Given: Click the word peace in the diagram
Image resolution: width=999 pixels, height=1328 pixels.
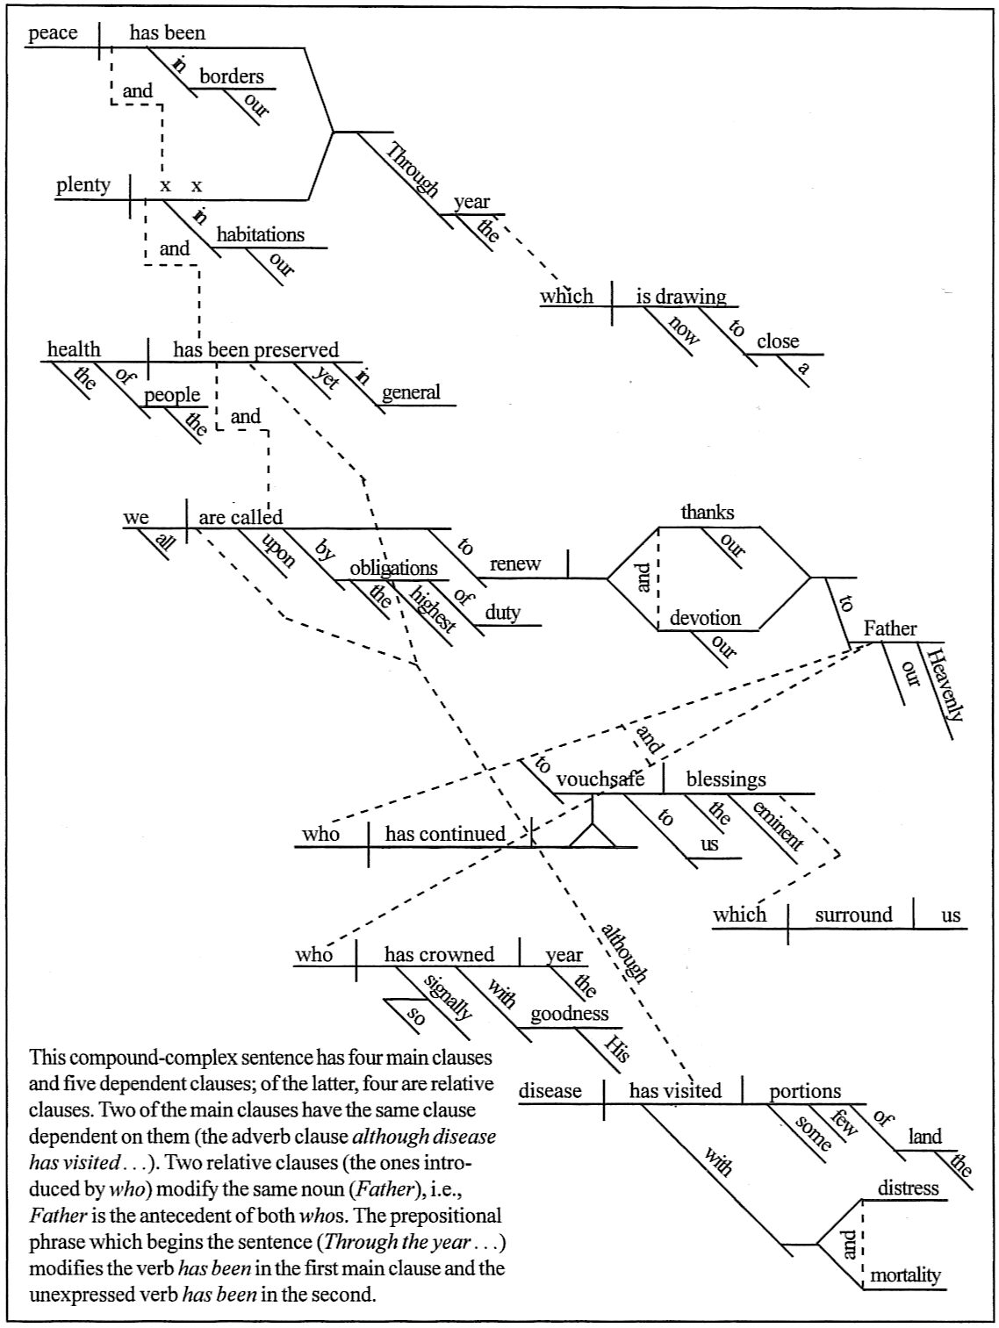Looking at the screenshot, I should tap(53, 33).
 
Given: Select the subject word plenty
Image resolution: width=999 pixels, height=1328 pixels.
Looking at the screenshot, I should tap(83, 185).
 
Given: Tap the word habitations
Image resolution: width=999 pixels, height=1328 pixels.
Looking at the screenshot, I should tap(261, 234).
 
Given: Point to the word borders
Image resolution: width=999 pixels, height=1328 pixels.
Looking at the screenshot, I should tap(231, 76).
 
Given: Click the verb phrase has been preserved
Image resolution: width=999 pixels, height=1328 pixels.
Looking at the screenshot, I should tap(255, 349).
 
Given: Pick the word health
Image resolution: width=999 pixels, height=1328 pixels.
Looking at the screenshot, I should tap(74, 349).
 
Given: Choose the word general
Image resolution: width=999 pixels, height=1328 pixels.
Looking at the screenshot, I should tap(411, 392).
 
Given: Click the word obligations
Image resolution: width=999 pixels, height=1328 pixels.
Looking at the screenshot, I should tap(393, 568).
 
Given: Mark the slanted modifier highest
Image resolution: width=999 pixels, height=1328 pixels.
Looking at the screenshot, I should tap(433, 609).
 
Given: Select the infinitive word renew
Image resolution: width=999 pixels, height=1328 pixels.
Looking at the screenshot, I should tap(515, 564).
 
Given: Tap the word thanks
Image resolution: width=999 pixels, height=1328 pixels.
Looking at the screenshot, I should tap(708, 512).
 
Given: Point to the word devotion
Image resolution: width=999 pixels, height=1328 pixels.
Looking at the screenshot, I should tap(705, 618).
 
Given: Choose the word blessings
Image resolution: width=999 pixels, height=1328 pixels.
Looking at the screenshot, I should tap(726, 779).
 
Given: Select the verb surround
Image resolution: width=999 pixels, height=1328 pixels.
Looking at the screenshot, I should tap(853, 915).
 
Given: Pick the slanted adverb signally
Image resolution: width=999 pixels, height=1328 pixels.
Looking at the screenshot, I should tap(448, 997).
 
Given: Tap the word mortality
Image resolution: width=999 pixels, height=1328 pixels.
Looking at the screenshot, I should tap(905, 1274).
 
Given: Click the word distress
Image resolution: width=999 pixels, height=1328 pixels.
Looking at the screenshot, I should tap(909, 1188).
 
